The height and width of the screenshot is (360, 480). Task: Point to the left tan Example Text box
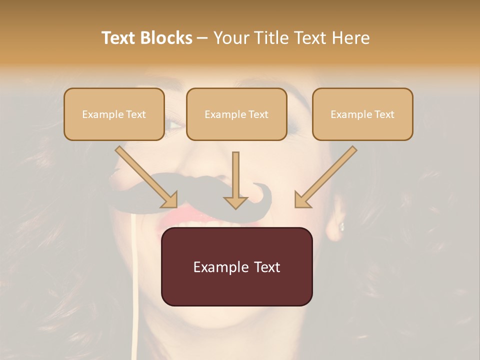point(114,114)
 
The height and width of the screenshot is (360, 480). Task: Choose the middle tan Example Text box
point(236,114)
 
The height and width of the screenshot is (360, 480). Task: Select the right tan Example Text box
point(362,114)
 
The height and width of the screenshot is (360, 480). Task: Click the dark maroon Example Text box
point(236,266)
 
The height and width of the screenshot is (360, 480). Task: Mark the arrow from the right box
point(325,177)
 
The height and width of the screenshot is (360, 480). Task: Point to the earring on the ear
point(342,226)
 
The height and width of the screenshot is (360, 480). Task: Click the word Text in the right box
point(384,114)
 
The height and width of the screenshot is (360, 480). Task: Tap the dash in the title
point(202,38)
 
